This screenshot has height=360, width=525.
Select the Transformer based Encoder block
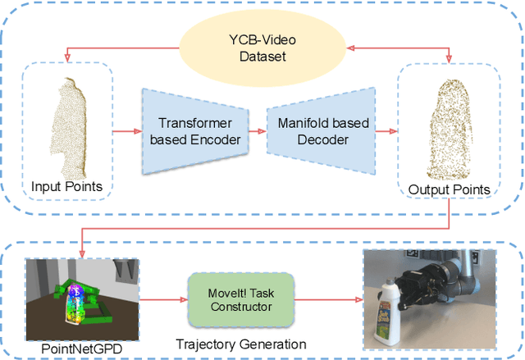pos(194,132)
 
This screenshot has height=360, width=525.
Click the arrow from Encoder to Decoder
pos(256,131)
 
